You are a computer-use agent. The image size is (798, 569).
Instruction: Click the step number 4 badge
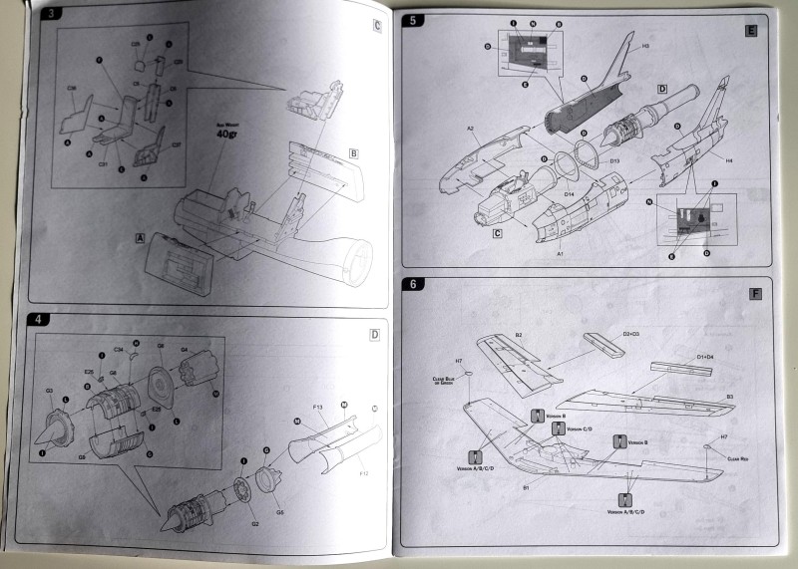pyautogui.click(x=37, y=320)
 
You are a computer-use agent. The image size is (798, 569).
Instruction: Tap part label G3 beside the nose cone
pyautogui.click(x=49, y=391)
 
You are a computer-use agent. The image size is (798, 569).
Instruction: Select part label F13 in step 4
pyautogui.click(x=317, y=408)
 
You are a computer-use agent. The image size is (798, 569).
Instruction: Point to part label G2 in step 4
pyautogui.click(x=253, y=521)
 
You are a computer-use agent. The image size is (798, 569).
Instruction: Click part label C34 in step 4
pyautogui.click(x=118, y=351)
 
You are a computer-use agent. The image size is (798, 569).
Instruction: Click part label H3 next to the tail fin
pyautogui.click(x=645, y=47)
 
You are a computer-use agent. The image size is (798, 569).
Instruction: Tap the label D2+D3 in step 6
pyautogui.click(x=632, y=332)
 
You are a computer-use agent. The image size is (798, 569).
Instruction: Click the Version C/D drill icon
pyautogui.click(x=558, y=429)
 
